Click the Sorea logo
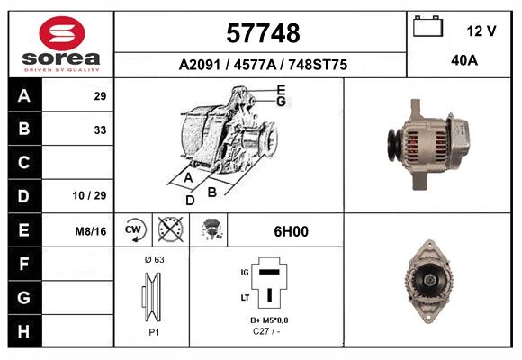coord(61,44)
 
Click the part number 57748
coord(261,33)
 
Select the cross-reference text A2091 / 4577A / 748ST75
coord(263,65)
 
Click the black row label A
coord(24,95)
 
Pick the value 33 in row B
coord(100,129)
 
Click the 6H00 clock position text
coord(291,231)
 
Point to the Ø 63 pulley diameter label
coord(152,258)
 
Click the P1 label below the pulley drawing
coord(152,332)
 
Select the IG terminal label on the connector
coord(243,270)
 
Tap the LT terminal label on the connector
coord(243,296)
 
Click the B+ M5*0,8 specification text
coord(269,320)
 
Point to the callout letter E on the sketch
coord(282,90)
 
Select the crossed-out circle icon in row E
coord(169,230)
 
